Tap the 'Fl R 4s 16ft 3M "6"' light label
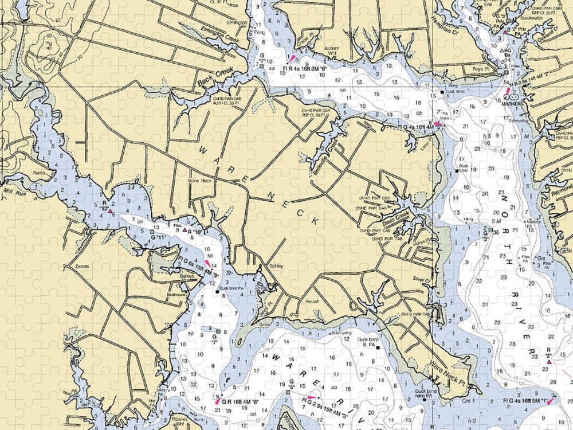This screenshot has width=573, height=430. point(304,68)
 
